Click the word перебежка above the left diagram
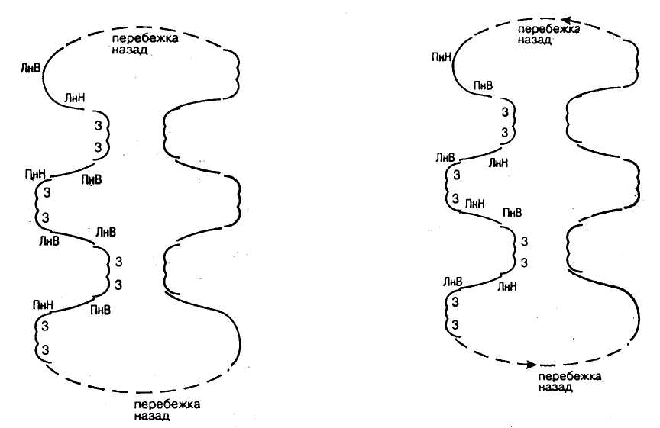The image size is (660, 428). pos(145,39)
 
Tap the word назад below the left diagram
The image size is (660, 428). pos(152,417)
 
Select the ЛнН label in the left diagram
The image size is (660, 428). pos(75,98)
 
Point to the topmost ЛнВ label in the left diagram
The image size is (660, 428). pos(31,67)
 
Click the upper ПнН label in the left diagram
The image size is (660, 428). pos(36,173)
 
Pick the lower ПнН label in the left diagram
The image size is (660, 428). pos(43,305)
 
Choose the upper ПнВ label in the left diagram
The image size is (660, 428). pos(92,180)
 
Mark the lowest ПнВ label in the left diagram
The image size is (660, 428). pos(101,311)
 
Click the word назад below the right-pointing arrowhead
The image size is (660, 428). pos(555,388)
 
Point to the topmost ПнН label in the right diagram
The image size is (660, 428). pos(442,56)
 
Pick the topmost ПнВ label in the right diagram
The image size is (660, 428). pos(484,85)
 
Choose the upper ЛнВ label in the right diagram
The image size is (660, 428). pos(445,158)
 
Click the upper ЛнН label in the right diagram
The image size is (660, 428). pos(498,163)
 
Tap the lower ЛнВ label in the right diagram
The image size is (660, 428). pos(452,282)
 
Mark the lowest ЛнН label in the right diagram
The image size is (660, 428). pos(507,287)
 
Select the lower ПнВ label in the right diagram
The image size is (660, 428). pos(513,213)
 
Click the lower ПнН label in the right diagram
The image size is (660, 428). pos(475,204)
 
